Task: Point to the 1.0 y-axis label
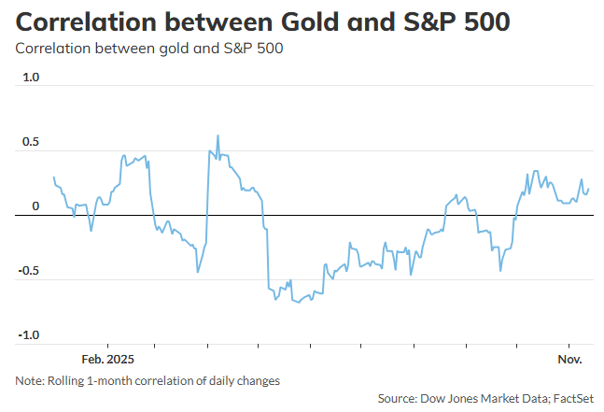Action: point(31,78)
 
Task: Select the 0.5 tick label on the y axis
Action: point(31,143)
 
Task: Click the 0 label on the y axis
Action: point(35,207)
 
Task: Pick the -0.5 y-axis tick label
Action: point(29,272)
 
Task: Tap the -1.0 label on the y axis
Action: point(29,335)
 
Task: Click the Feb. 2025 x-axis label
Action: point(107,359)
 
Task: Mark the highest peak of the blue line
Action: point(218,135)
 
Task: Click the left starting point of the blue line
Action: point(54,178)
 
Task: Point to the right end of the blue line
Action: point(588,189)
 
